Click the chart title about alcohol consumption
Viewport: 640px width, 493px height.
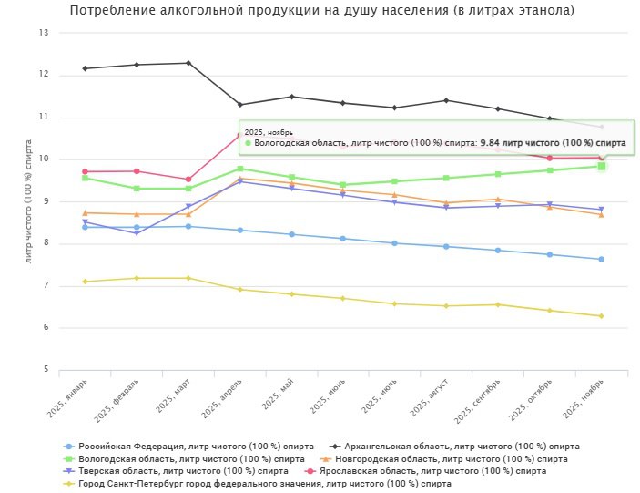point(321,11)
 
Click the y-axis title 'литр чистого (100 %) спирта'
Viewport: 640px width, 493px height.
point(29,201)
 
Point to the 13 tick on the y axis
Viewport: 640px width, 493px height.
point(43,33)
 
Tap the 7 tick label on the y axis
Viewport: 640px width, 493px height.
point(45,286)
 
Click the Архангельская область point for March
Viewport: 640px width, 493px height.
point(188,63)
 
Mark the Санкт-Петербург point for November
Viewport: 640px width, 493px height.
point(601,316)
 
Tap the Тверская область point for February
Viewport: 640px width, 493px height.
point(137,233)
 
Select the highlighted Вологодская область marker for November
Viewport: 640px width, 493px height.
point(601,166)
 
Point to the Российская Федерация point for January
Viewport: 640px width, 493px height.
point(85,227)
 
